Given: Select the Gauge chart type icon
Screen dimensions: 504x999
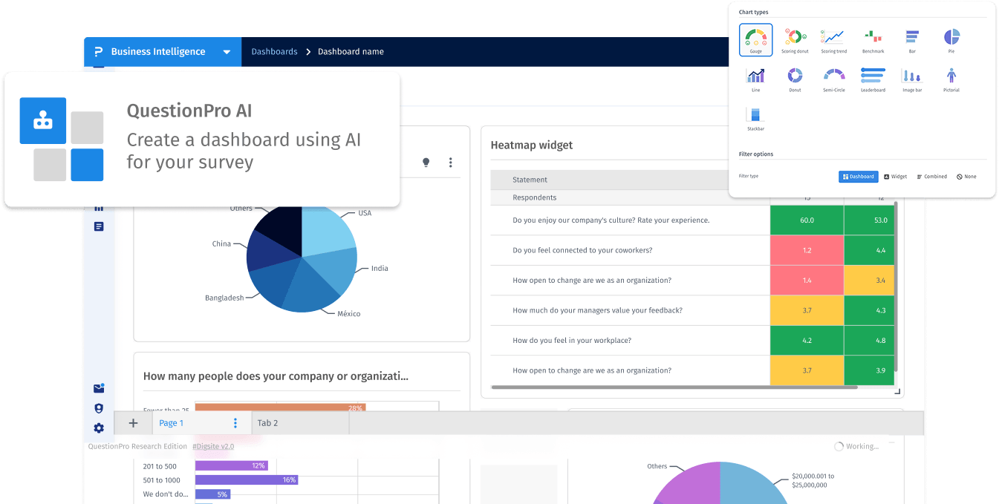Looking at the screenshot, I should (755, 39).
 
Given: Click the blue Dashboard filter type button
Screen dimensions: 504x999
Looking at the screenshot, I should (859, 177).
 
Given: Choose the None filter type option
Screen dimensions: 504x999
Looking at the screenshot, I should (966, 177).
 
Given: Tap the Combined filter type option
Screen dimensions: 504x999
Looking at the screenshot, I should (931, 177).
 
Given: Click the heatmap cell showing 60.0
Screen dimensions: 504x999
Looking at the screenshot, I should (807, 220).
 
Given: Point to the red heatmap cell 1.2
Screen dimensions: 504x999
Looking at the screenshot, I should (807, 251).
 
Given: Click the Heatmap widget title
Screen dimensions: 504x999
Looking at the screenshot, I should (532, 145).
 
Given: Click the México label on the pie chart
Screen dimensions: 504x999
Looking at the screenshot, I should (348, 314).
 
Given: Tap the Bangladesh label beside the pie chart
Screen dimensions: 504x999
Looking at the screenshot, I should (224, 298).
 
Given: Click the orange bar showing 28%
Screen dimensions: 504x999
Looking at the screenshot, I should (279, 408).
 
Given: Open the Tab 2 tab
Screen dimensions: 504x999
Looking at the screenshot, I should (267, 423).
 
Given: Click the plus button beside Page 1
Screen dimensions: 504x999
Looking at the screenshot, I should (133, 423).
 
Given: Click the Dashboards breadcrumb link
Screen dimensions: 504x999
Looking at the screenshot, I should (274, 52).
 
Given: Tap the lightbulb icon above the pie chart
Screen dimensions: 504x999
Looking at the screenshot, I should (426, 163).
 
